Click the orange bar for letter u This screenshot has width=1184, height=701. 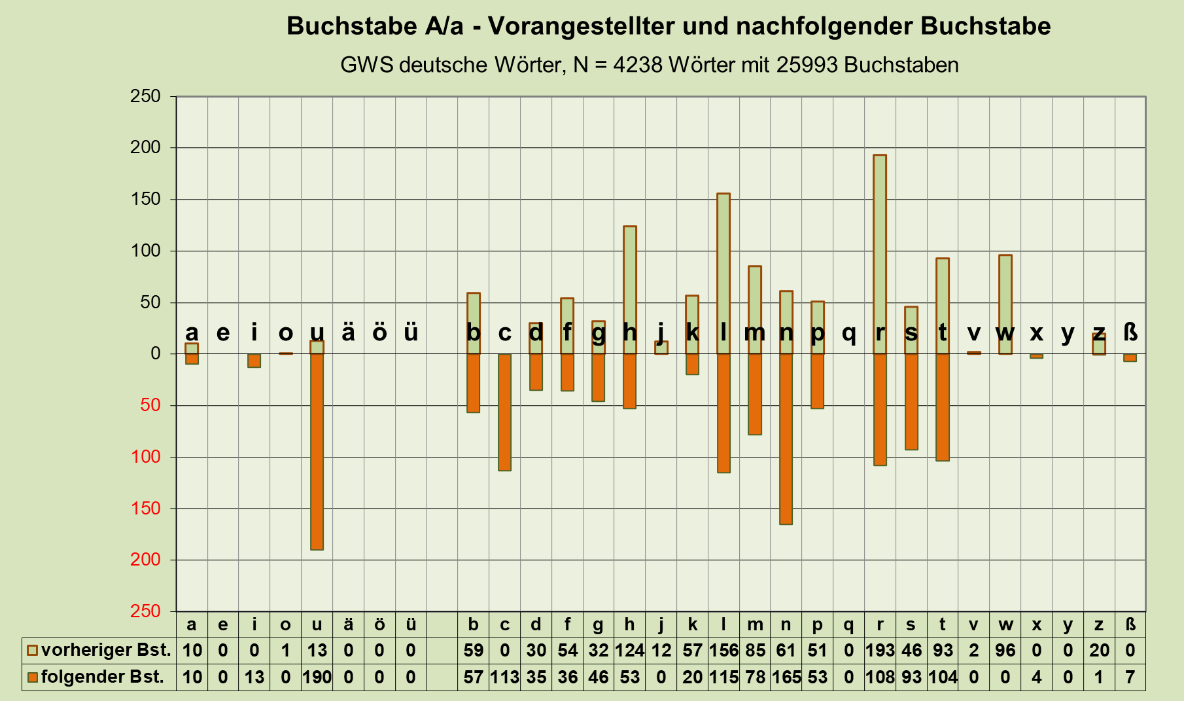tap(317, 452)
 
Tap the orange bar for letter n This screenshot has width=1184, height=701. tap(786, 439)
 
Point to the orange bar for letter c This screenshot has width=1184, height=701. tap(504, 412)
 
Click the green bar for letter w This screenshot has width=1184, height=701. tap(1005, 304)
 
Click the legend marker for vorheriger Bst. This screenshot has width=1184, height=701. tap(32, 651)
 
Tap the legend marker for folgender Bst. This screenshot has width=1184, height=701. tap(32, 677)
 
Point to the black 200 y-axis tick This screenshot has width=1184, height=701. tap(145, 148)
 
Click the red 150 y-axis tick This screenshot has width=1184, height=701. tap(145, 509)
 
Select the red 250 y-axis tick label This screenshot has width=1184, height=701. tap(145, 611)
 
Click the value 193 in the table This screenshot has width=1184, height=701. tap(879, 651)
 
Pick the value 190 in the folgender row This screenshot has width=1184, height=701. tap(317, 677)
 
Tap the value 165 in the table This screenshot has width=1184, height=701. tap(786, 677)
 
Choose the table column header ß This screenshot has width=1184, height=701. tap(1130, 624)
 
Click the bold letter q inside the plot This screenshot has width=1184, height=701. tap(848, 333)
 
